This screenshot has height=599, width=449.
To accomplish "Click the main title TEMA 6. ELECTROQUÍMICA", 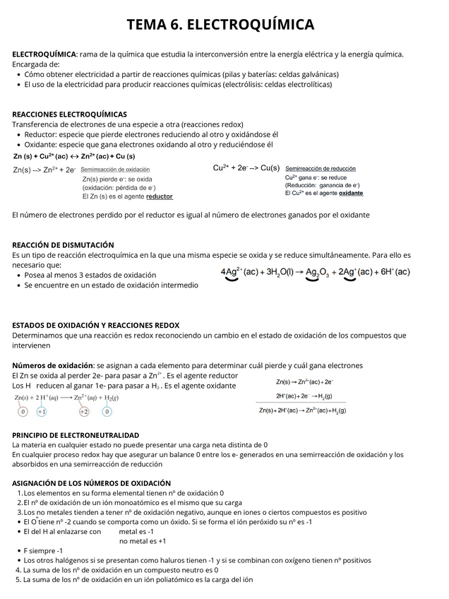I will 220,25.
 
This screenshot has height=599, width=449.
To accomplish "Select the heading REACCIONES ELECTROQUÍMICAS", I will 70,114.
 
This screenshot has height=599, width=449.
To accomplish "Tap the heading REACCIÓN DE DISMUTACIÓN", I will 63,244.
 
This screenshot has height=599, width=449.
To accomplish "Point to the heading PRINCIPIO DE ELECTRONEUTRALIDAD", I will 76,435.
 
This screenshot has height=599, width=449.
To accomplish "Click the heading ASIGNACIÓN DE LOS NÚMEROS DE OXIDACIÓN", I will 91,483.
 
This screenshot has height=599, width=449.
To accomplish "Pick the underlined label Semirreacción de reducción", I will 320,169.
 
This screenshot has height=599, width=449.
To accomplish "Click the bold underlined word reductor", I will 159,196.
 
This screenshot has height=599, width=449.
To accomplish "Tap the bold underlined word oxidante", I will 351,193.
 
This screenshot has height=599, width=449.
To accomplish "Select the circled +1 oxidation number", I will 42,411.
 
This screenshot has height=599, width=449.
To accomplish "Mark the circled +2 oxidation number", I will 84,411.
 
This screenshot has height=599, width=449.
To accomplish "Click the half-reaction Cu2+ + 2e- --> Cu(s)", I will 246,168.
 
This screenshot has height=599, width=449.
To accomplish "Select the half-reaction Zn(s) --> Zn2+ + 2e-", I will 44,170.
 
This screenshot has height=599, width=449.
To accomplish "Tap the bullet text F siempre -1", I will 43,550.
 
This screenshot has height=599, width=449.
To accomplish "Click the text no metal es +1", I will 143,541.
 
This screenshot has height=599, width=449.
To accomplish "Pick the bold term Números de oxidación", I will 53,365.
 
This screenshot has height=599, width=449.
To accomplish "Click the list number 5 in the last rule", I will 18,579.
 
